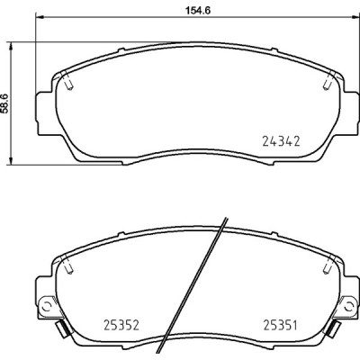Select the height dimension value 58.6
7,104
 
